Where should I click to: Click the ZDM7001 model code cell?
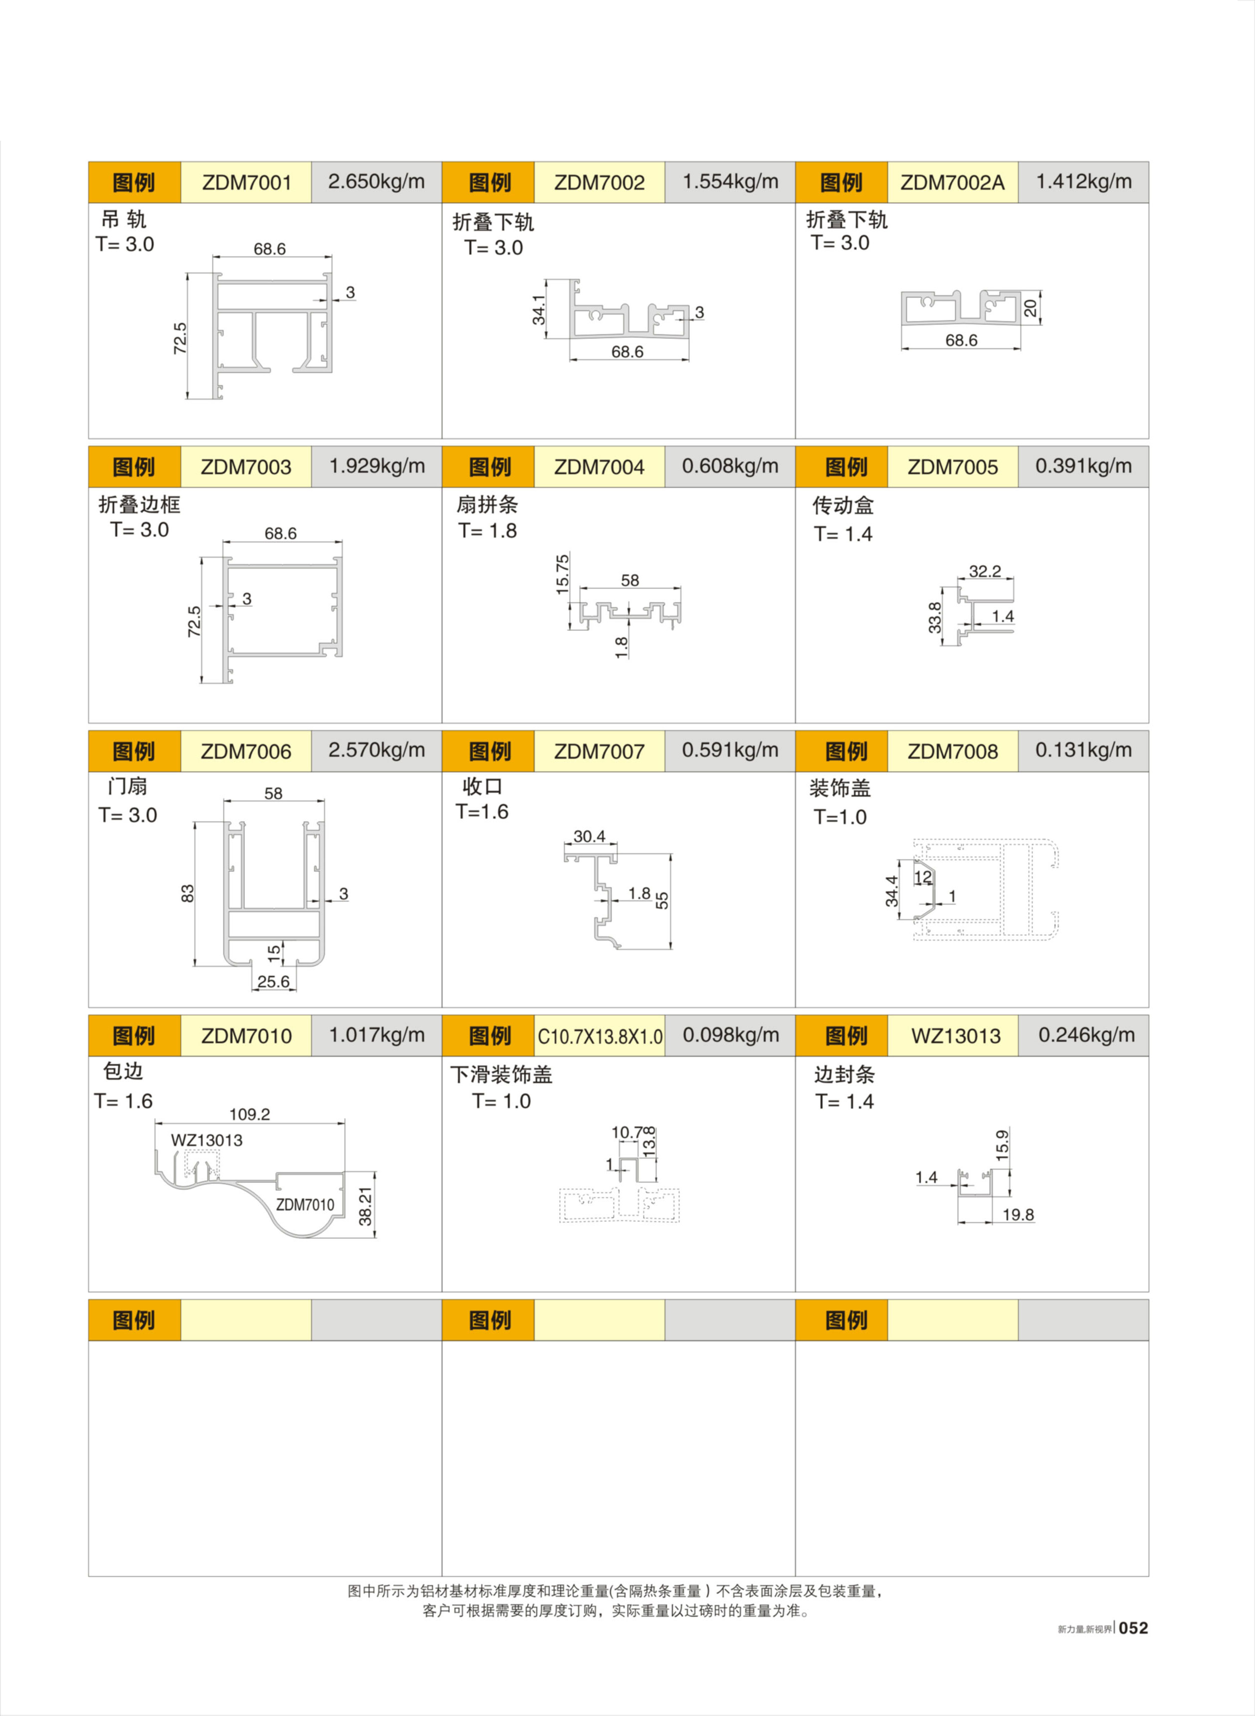[246, 182]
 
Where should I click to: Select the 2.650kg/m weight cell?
[376, 182]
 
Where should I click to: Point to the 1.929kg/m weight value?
[376, 466]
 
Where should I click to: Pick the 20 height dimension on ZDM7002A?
[1030, 308]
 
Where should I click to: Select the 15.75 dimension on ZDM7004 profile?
[562, 574]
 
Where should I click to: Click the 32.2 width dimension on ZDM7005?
[985, 571]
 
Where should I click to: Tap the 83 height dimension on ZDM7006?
[188, 893]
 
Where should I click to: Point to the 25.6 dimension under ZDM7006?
[273, 981]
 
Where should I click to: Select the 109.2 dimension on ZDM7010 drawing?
[249, 1114]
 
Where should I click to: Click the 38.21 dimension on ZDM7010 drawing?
[366, 1206]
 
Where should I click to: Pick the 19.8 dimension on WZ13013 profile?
[1018, 1214]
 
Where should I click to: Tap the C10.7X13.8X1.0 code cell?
[600, 1036]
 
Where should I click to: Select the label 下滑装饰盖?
[501, 1075]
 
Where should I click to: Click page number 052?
[1133, 1628]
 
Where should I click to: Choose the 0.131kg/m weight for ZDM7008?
[1083, 750]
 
